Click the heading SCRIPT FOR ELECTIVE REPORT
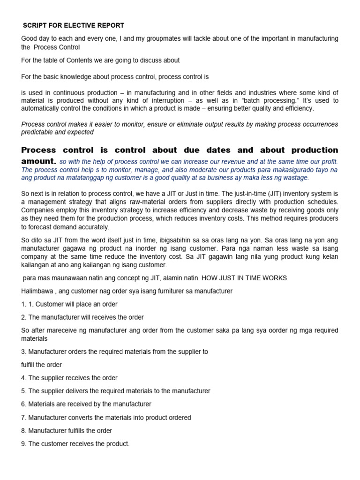(x=74, y=25)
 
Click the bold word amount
(x=39, y=161)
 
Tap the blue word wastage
(x=295, y=178)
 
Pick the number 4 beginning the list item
(x=23, y=378)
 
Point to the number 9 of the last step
(x=23, y=443)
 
